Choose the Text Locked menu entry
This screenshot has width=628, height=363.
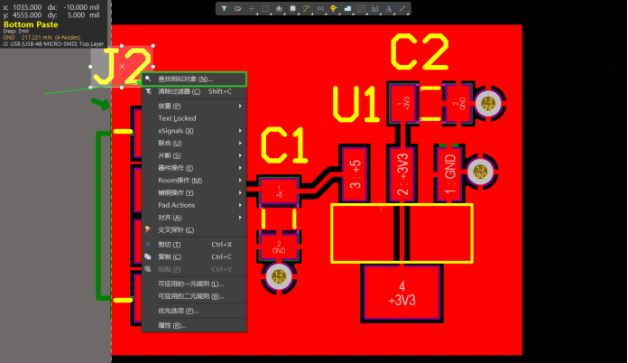click(177, 118)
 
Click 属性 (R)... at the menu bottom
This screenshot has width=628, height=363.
click(172, 324)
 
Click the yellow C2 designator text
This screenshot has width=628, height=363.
click(419, 55)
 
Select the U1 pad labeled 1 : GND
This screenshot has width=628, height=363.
click(448, 169)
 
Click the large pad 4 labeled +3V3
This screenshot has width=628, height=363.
click(401, 293)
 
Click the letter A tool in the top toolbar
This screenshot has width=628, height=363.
click(389, 8)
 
